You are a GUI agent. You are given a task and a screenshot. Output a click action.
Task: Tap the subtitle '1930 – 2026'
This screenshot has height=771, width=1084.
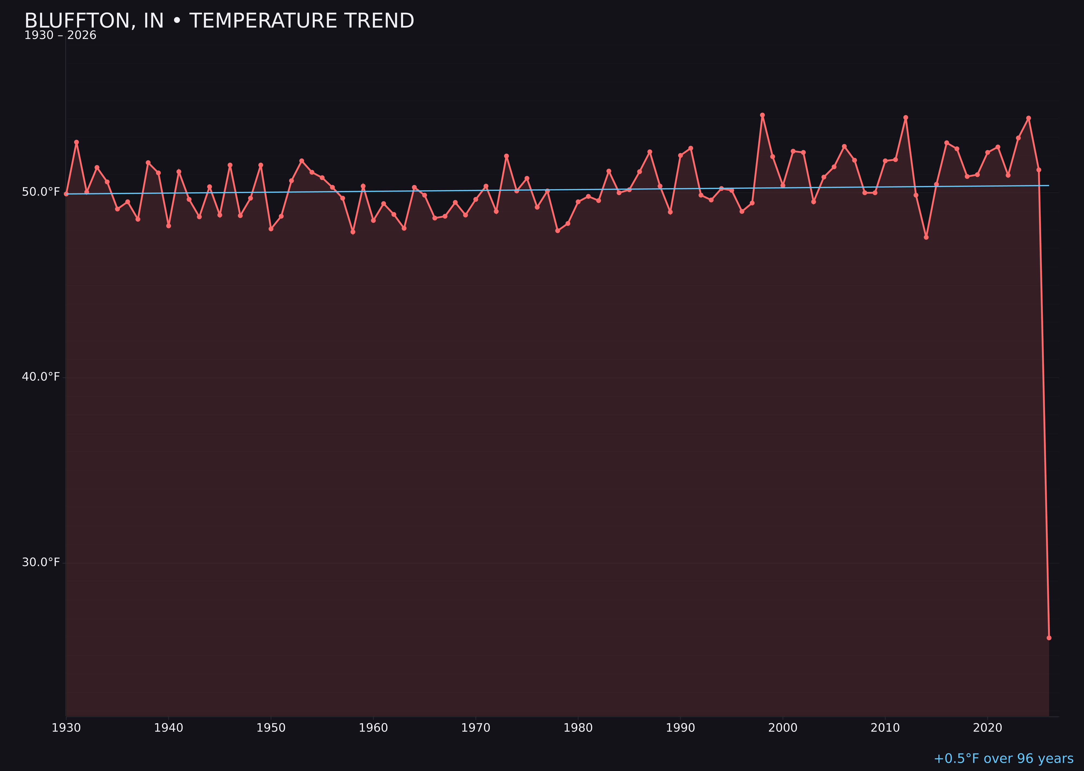pos(60,36)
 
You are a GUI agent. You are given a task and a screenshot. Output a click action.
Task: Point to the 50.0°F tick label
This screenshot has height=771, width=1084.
pos(41,192)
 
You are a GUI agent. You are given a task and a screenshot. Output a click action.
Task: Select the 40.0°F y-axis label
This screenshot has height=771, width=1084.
pos(41,377)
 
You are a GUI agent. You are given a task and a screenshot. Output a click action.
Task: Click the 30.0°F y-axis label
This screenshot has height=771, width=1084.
pos(41,563)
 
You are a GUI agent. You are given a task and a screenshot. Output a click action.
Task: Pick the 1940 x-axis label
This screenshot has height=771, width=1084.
pos(169,728)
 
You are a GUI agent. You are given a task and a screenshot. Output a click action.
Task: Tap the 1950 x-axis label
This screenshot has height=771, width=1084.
pos(271,728)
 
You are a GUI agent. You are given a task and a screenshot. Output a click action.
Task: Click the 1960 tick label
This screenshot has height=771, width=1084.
pos(373,728)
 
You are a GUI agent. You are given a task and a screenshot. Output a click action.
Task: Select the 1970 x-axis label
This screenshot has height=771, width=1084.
pos(476,728)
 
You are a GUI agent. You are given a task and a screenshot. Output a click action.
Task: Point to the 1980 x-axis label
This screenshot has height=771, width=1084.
pos(578,728)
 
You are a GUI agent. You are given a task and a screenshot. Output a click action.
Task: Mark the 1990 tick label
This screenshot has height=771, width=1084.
pos(680,728)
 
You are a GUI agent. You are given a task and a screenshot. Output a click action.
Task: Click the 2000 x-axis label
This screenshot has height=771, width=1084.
pos(783,728)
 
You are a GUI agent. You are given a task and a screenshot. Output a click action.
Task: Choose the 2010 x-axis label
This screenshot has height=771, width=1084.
pos(885,728)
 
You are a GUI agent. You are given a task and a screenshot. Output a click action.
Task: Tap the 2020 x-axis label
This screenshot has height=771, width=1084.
pos(987,728)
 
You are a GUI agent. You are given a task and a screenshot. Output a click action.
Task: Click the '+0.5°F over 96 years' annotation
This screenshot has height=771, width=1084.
pos(1003,759)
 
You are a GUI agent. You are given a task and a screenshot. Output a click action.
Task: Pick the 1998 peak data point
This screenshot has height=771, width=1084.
pos(762,115)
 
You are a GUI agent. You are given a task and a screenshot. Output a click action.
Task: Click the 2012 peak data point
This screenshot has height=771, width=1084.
pos(906,117)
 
